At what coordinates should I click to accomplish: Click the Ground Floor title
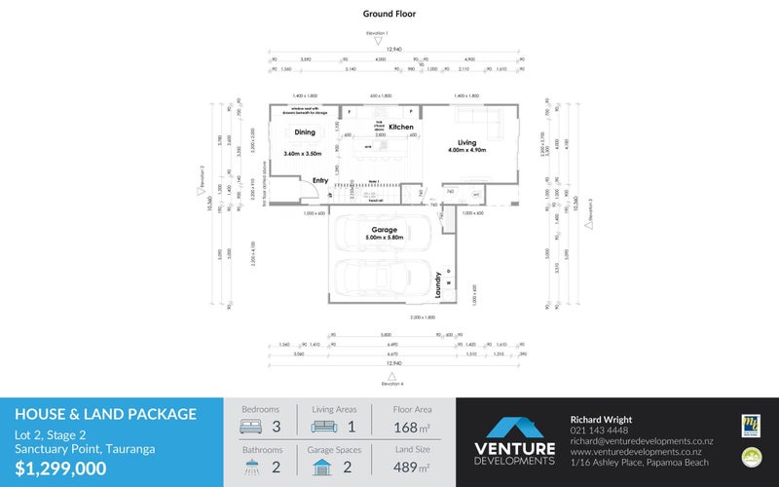click(x=389, y=14)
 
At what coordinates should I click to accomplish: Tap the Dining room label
click(x=305, y=132)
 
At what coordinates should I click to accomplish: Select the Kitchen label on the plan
click(x=401, y=128)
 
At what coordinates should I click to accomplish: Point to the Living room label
click(x=466, y=143)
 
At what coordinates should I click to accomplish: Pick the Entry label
click(x=319, y=180)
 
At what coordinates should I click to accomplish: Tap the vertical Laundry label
click(x=439, y=283)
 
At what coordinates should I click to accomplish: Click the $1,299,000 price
click(x=60, y=468)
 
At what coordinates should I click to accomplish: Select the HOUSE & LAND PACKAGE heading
click(x=105, y=414)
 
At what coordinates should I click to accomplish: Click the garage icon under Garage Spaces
click(x=321, y=468)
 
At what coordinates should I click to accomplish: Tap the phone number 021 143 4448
click(x=599, y=431)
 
